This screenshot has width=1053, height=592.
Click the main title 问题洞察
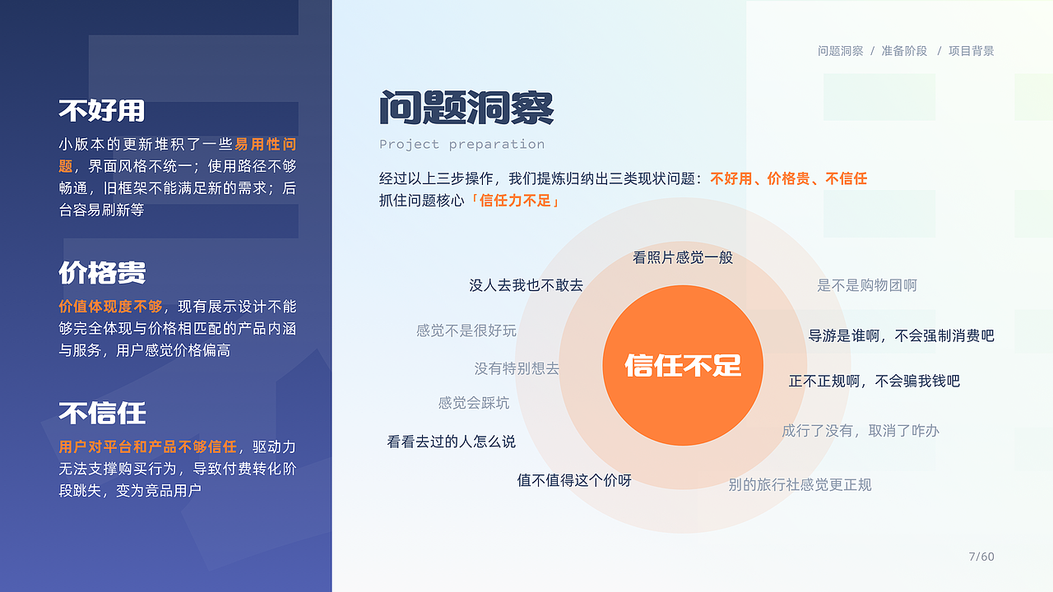466,108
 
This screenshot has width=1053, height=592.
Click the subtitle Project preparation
462,145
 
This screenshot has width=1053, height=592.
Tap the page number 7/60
981,557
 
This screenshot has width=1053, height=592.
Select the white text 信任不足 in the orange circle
683,365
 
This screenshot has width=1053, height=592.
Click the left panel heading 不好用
101,110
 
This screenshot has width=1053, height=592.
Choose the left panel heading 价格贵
102,272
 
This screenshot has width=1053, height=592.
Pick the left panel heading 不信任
102,412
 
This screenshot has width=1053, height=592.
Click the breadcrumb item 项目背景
971,51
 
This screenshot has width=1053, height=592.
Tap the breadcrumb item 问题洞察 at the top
840,51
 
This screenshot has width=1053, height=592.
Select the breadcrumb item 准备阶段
904,51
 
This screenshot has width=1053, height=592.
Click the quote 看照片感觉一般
683,257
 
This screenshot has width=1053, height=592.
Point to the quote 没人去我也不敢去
526,285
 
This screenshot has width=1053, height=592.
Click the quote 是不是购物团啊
867,285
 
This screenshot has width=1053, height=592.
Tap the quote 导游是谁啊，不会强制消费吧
901,335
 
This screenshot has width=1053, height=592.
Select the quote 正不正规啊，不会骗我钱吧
874,381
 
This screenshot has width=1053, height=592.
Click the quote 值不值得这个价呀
574,480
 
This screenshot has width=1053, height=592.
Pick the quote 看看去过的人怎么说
451,442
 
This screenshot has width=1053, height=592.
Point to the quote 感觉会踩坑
474,403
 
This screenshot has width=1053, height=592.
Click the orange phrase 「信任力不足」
515,200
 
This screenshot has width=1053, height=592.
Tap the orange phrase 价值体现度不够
111,307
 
